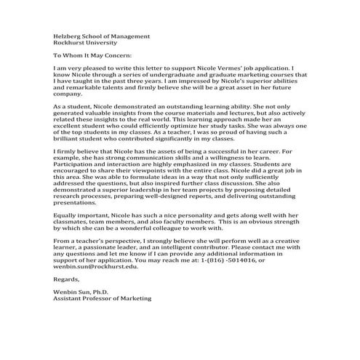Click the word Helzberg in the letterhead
(x=68, y=36)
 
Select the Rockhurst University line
(x=82, y=42)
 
